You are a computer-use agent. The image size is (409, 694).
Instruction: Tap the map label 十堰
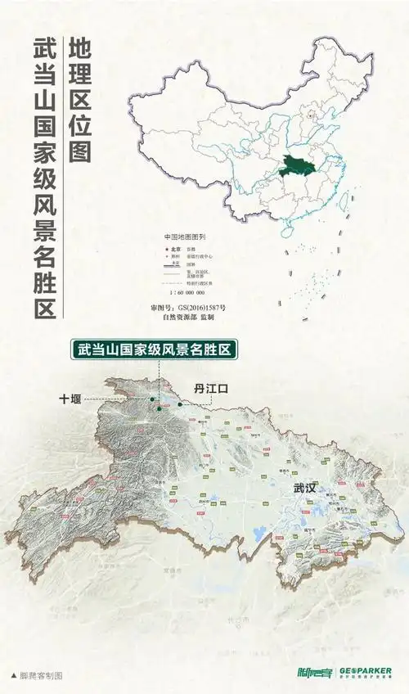pyautogui.click(x=71, y=399)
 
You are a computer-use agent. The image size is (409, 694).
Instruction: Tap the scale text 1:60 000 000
pyautogui.click(x=187, y=292)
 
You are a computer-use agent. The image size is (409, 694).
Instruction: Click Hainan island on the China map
pyautogui.click(x=287, y=232)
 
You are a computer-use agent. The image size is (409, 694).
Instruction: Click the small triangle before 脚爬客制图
pyautogui.click(x=13, y=676)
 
